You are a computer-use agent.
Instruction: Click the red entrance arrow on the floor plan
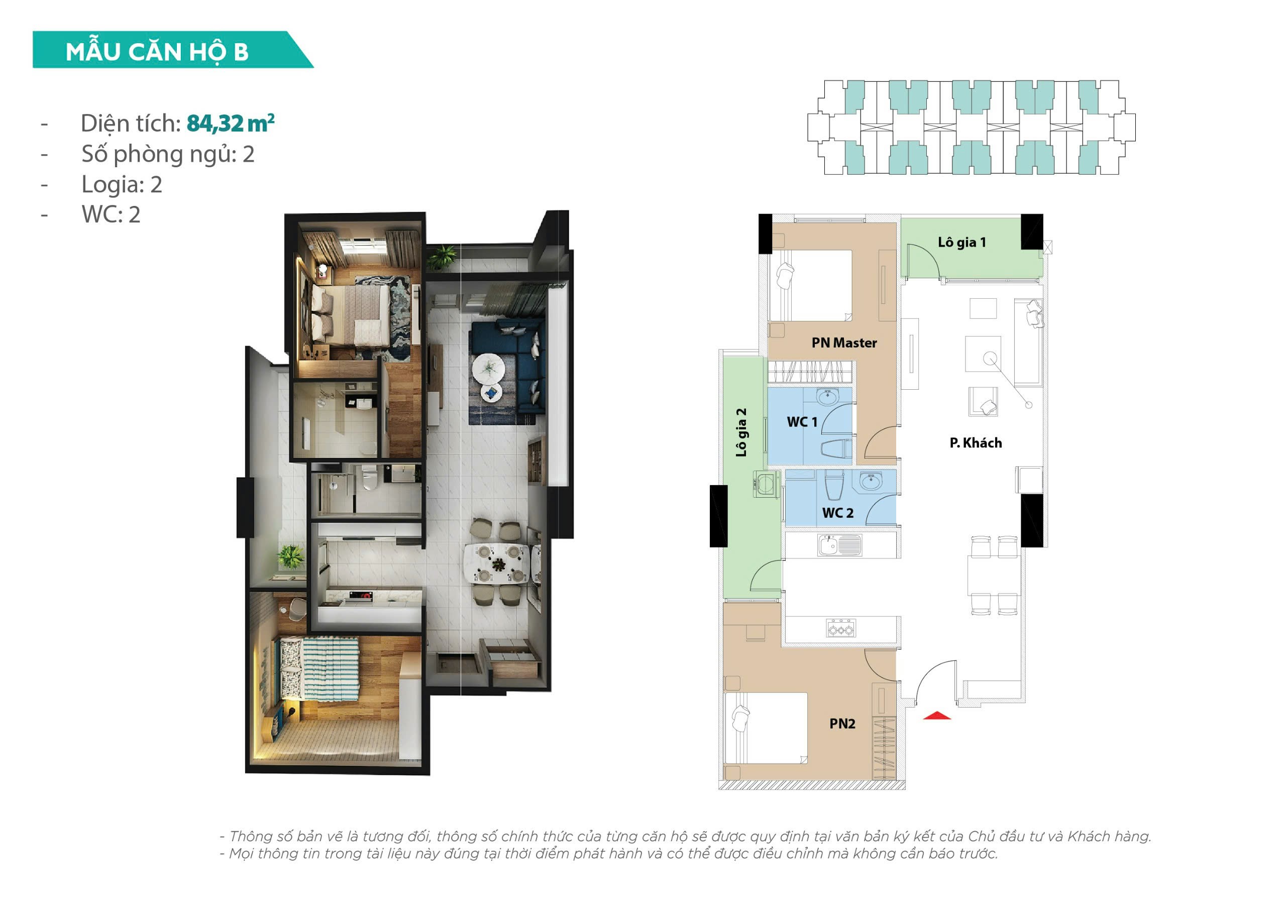point(936,715)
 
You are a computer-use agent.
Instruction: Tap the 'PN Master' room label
point(844,343)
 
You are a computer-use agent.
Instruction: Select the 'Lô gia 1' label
point(961,243)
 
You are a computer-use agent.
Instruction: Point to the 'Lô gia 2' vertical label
point(741,432)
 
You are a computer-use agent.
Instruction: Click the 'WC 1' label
point(802,422)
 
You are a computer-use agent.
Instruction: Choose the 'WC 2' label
point(838,512)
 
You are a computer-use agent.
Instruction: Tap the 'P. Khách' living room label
point(976,443)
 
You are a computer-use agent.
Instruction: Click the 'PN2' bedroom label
point(842,724)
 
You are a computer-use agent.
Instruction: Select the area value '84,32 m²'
point(230,123)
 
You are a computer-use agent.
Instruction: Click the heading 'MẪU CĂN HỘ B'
point(157,52)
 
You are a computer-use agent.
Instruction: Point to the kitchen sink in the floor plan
point(839,545)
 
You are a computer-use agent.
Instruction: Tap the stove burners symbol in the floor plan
point(841,628)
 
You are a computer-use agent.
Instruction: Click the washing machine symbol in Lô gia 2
point(766,483)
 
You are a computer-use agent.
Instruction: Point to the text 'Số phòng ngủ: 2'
point(168,155)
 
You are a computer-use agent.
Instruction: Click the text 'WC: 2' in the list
point(111,214)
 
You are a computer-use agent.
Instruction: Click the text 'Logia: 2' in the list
point(122,185)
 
